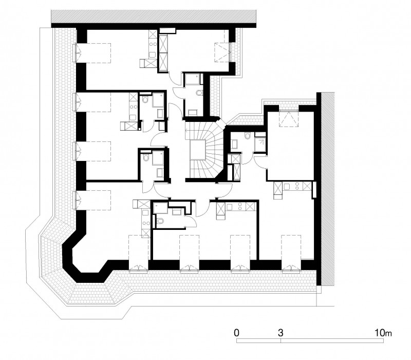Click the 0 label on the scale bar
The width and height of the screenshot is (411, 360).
click(x=236, y=333)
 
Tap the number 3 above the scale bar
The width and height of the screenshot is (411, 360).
click(x=281, y=333)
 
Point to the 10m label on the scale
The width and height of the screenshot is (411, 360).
click(x=383, y=333)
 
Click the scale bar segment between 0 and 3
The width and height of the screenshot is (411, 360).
click(x=258, y=340)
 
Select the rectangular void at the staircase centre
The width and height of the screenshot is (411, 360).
click(x=198, y=150)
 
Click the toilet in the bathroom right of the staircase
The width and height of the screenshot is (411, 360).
click(x=247, y=136)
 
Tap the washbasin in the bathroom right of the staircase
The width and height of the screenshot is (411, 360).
click(x=235, y=145)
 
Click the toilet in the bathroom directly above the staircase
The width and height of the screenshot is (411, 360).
click(x=199, y=93)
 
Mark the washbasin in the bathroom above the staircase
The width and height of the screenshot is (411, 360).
click(x=193, y=113)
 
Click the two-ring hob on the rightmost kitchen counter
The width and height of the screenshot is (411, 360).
click(x=297, y=186)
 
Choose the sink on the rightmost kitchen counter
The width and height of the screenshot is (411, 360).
click(x=286, y=186)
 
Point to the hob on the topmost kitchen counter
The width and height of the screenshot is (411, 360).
click(x=152, y=45)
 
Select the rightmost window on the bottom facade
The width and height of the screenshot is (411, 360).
click(x=291, y=267)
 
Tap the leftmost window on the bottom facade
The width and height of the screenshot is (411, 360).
click(x=138, y=267)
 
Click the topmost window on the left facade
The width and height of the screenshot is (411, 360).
click(x=77, y=53)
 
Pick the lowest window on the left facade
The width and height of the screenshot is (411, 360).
click(x=77, y=200)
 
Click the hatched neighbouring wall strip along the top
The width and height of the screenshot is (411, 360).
click(x=154, y=16)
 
